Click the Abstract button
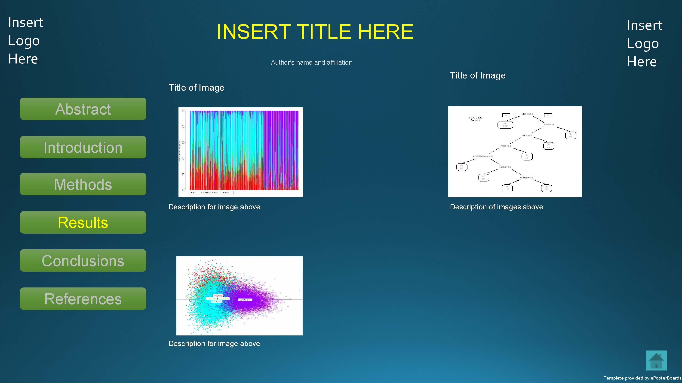coord(83,109)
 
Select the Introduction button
coord(83,147)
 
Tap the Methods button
coord(83,184)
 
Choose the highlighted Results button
coord(83,222)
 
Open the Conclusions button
coord(83,261)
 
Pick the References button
coord(83,299)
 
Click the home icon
coord(656,361)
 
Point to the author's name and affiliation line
coord(312,63)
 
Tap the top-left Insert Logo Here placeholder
coord(25,40)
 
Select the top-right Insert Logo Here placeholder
coord(644,43)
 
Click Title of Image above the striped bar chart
coord(196,88)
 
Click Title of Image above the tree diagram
coord(478,75)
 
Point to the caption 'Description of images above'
coord(496,207)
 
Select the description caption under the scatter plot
coord(214,344)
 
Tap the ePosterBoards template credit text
coord(642,378)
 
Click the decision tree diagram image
coord(515,152)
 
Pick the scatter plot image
coord(239,296)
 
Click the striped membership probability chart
coord(240,152)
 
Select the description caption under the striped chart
coord(214,207)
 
